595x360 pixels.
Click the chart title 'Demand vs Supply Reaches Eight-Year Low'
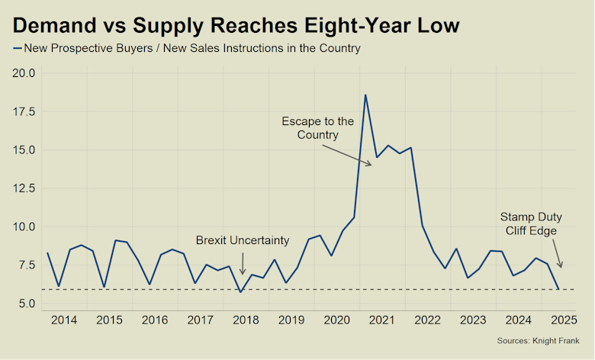236,25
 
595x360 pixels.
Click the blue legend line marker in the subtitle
17,49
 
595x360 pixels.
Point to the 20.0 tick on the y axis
27,73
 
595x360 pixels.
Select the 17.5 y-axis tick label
27,111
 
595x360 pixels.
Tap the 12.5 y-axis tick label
27,188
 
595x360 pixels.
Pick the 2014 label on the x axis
64,320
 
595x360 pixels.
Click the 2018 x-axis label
244,320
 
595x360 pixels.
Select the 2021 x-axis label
381,320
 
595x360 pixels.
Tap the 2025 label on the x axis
561,320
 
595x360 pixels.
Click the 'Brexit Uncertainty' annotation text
243,240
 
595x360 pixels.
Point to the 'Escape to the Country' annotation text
317,128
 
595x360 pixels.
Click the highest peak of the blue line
365,95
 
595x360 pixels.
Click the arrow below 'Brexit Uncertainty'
243,263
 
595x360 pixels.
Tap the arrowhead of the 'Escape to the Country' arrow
370,164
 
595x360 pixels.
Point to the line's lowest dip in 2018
241,291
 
